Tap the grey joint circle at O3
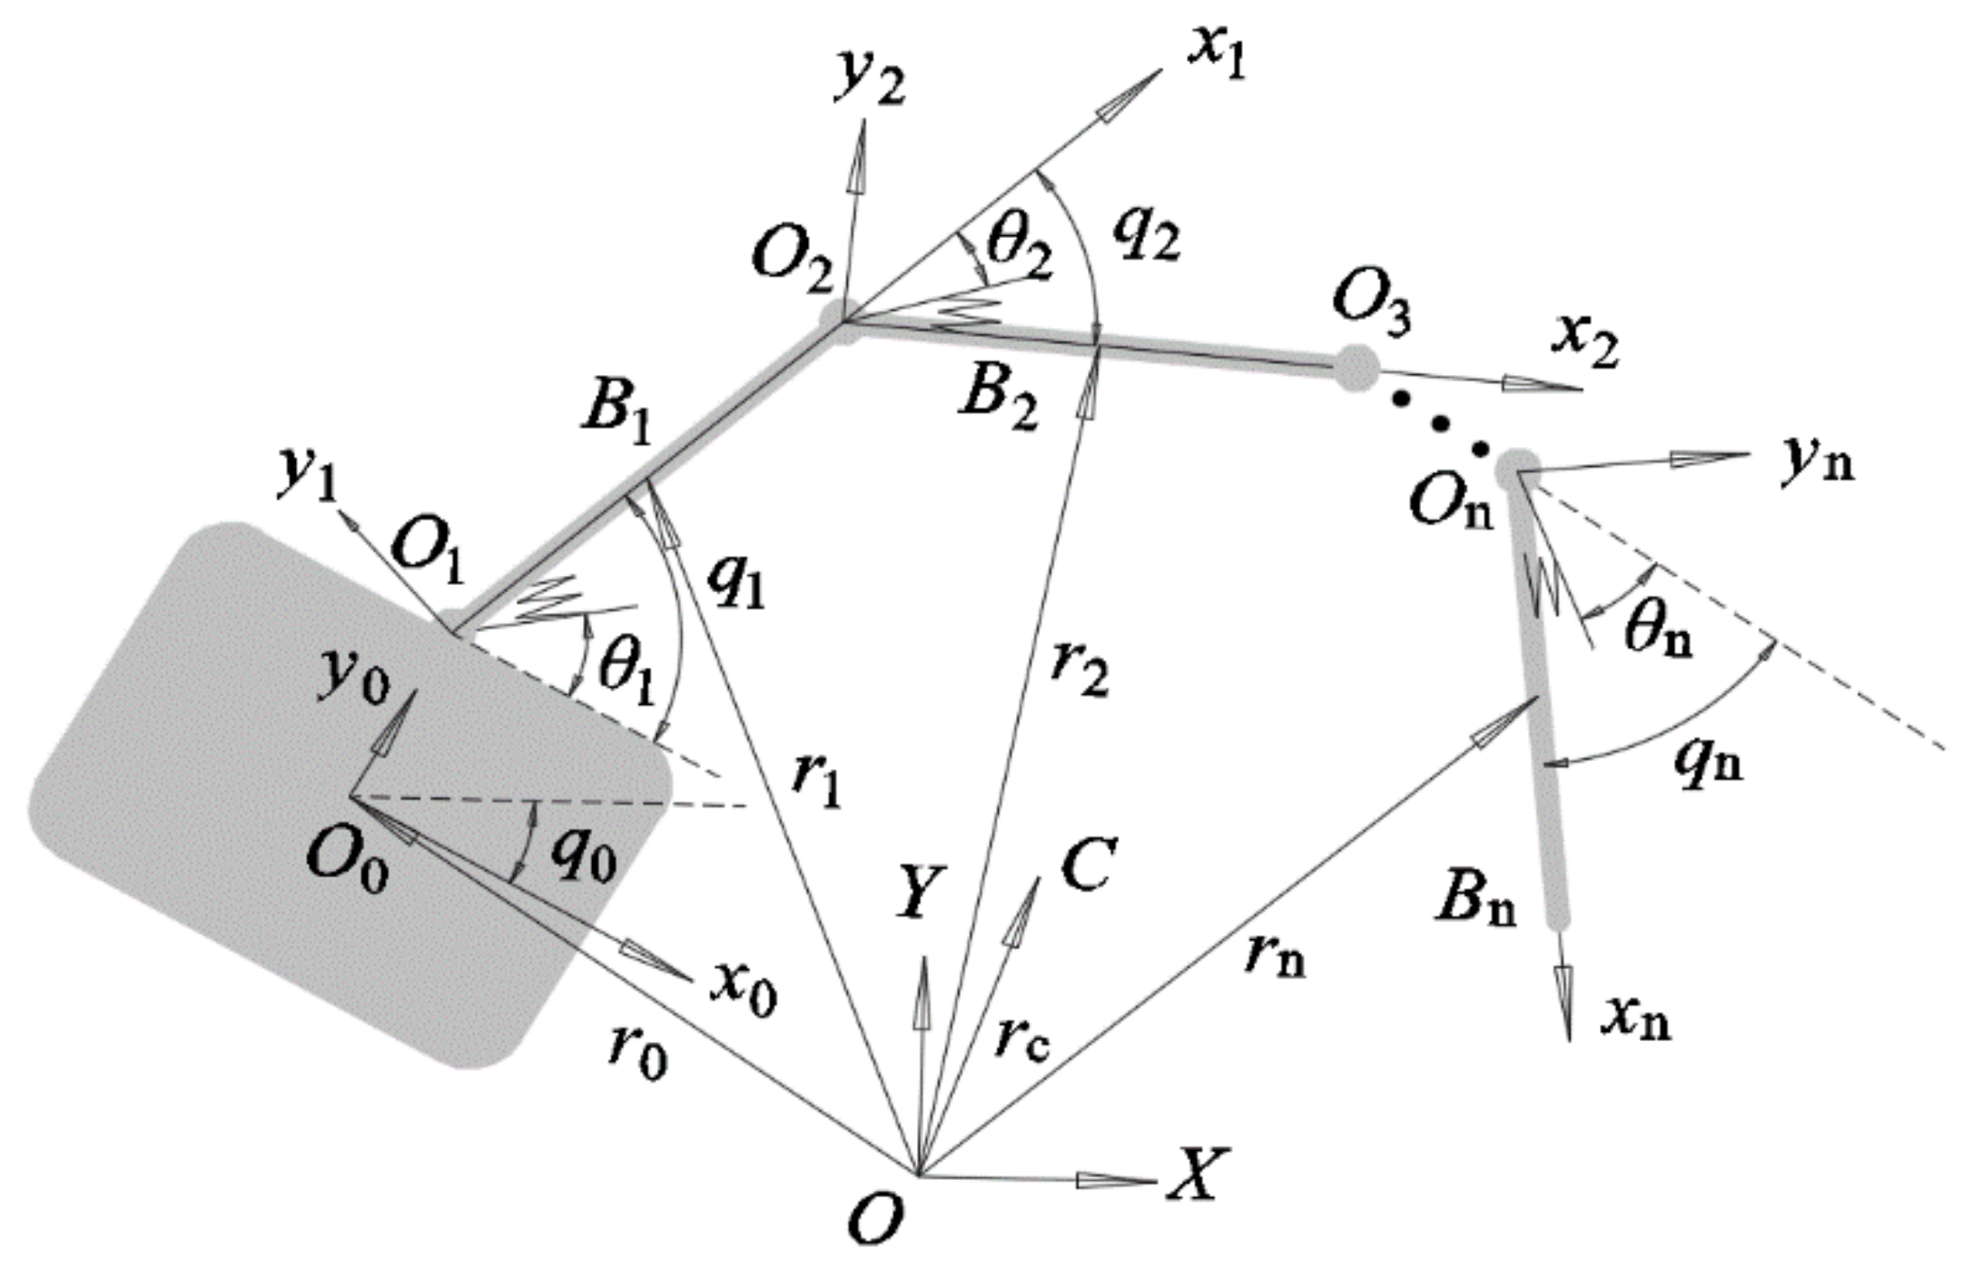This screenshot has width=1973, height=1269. pos(1356,368)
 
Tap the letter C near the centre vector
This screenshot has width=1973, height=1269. pos(1087,864)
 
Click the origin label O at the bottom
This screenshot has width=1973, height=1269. pos(874,1218)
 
